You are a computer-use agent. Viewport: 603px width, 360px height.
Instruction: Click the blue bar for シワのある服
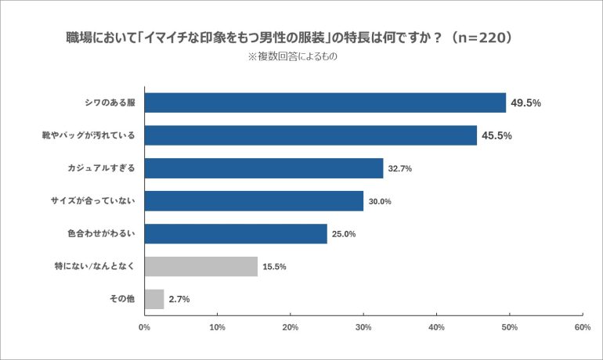point(325,103)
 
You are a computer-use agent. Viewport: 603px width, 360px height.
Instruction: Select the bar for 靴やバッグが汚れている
point(311,135)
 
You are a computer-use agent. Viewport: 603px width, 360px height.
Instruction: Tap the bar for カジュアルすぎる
point(264,168)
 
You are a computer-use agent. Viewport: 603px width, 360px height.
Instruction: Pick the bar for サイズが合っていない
point(254,201)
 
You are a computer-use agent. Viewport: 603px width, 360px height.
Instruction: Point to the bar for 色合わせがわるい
point(236,233)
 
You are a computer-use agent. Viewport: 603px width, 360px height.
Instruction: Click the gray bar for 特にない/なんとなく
point(201,266)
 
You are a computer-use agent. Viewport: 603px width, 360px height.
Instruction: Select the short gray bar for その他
point(154,299)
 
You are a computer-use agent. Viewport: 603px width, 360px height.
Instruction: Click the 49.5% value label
point(526,103)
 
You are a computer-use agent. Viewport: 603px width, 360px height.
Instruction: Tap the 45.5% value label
point(496,135)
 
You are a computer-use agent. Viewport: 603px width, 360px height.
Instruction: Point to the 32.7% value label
point(400,168)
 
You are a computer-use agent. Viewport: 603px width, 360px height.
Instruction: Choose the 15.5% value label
point(274,267)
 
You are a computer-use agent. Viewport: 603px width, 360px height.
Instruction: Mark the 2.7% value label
point(179,299)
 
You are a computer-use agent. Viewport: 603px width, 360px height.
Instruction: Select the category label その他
point(122,299)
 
